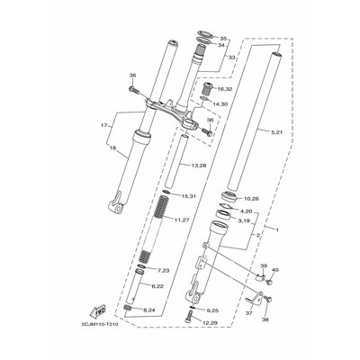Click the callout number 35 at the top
224,40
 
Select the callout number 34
224,48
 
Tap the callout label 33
230,58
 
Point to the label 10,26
251,199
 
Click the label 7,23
163,271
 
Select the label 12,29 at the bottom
210,322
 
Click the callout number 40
275,271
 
